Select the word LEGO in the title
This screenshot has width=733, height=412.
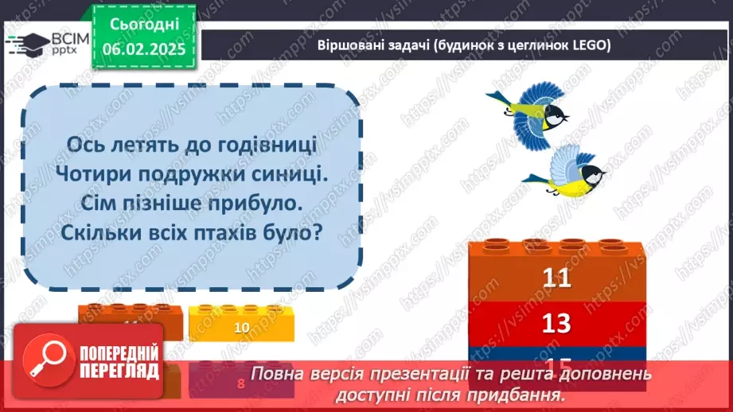(x=590, y=46)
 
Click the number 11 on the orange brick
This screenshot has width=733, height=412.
(x=558, y=278)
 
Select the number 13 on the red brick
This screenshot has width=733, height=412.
(x=558, y=323)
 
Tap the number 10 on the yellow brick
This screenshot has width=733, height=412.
(x=242, y=327)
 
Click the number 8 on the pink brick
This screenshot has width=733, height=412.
(x=241, y=383)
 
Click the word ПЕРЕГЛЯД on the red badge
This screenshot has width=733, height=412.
(x=118, y=371)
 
